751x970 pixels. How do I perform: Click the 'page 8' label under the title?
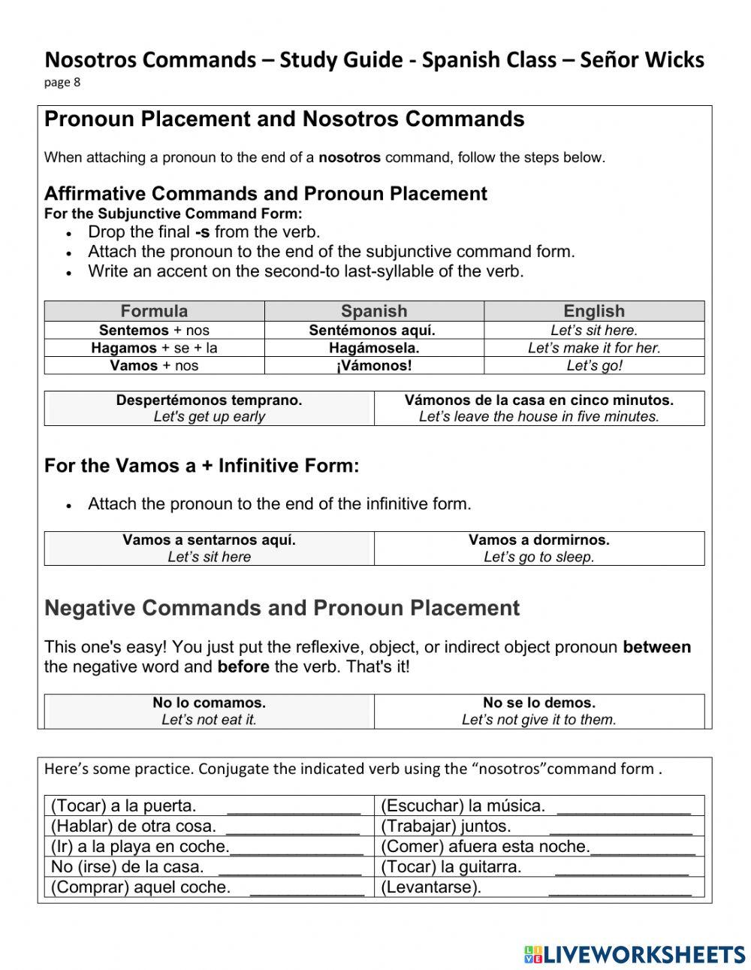coord(62,83)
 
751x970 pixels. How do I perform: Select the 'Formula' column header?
coord(154,311)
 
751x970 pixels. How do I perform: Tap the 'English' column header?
coord(593,311)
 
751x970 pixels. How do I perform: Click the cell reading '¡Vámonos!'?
coord(374,366)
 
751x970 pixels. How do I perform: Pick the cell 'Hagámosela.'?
coord(374,348)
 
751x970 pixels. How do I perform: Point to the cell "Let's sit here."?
coord(593,330)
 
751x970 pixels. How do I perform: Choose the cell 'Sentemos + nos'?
coord(154,330)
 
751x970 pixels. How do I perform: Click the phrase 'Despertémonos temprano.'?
coord(209,400)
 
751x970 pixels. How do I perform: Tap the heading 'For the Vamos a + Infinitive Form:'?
coord(201,466)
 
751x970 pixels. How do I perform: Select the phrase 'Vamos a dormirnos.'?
coord(538,539)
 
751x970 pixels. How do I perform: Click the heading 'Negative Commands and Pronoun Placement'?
coord(282,608)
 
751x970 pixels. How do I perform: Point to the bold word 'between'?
coord(656,647)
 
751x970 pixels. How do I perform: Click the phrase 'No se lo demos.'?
coord(538,703)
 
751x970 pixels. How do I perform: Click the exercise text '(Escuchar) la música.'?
coord(463,806)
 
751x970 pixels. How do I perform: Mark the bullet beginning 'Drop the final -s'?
coord(204,232)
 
